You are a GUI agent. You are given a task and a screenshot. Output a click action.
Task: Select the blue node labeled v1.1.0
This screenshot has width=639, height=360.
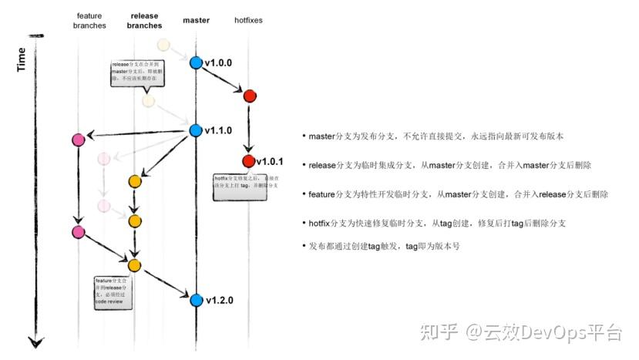[195, 131]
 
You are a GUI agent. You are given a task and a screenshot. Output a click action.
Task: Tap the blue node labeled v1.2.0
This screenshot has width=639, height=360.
[195, 300]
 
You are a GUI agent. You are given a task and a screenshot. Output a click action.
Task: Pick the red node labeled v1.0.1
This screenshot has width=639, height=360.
[248, 161]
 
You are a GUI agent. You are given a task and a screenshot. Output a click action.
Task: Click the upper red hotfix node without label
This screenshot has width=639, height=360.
[249, 96]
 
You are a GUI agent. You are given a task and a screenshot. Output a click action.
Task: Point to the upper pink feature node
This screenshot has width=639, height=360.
[78, 140]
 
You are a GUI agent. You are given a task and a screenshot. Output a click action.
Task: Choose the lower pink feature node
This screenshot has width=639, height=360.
[78, 232]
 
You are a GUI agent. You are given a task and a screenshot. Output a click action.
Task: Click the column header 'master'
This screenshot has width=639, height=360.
[196, 20]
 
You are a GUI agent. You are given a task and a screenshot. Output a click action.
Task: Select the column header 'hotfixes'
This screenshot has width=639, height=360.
[248, 20]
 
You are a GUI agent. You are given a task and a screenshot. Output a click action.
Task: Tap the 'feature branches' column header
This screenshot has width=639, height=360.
[89, 20]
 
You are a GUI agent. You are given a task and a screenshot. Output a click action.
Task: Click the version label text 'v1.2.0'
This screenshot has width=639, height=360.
[219, 300]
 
